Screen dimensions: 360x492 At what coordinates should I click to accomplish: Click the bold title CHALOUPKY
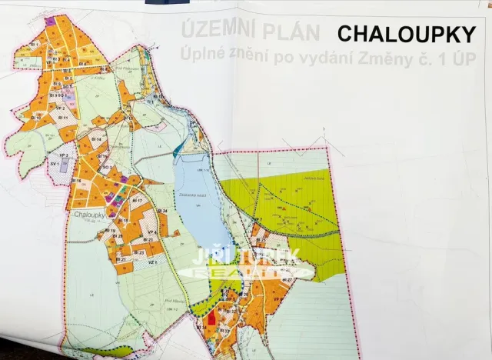coord(407,34)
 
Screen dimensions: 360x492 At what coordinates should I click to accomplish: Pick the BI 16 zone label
coord(77,181)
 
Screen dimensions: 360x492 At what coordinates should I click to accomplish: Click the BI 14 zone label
coord(96,138)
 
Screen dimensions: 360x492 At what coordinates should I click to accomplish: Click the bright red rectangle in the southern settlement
coord(212,317)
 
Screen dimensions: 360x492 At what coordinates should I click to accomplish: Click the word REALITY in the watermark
coord(248,272)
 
